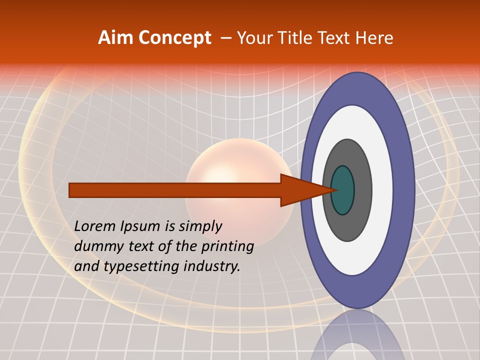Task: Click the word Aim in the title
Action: point(115,38)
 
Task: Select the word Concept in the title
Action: point(174,38)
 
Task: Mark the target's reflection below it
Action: point(357,335)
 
